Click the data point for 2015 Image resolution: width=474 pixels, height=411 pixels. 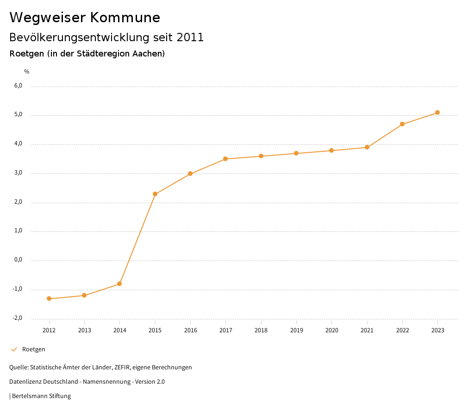tap(155, 194)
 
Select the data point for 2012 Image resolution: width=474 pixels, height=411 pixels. tap(49, 299)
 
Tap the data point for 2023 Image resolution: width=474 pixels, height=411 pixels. tap(437, 112)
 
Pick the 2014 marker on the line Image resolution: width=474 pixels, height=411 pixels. tap(119, 284)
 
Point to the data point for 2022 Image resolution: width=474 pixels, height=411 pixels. tap(402, 124)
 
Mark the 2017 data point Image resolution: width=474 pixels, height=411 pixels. tap(225, 159)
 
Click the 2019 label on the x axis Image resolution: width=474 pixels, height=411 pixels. tap(296, 330)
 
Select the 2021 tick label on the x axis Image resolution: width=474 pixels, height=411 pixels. tap(367, 330)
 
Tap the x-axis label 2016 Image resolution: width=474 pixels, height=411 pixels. tap(190, 330)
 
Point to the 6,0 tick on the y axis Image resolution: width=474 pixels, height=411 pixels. tap(18, 86)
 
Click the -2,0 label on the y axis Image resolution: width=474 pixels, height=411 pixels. tap(17, 318)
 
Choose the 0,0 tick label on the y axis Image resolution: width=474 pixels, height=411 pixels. tap(18, 260)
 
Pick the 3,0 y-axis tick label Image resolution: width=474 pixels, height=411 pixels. tap(18, 173)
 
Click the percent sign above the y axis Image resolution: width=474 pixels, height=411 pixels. tap(27, 71)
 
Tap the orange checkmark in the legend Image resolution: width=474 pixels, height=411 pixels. tap(14, 349)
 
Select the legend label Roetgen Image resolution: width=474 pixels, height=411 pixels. tap(34, 349)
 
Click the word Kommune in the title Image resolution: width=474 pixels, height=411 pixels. tap(125, 17)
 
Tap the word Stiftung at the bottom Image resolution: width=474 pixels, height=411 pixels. tap(60, 396)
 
